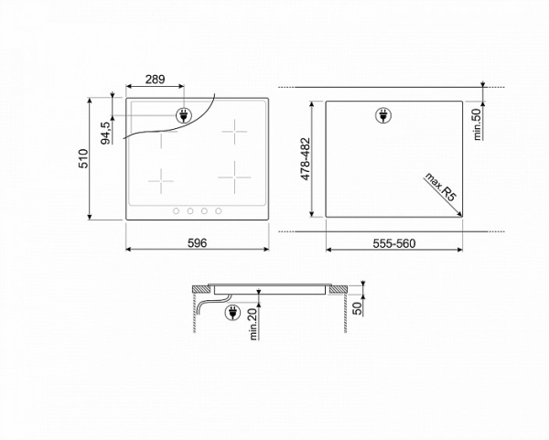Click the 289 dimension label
coord(155,80)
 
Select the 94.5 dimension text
coord(106,130)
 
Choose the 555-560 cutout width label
coord(394,242)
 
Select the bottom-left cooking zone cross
coord(161,180)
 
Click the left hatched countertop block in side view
coord(197,288)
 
